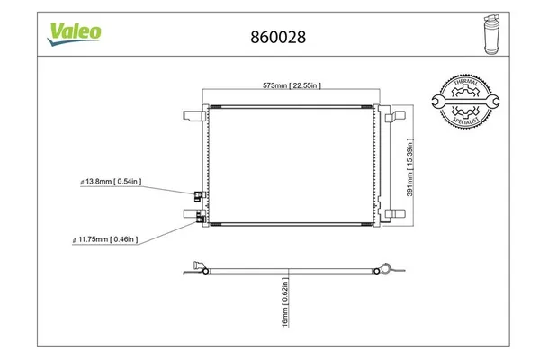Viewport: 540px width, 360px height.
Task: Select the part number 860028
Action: (270, 38)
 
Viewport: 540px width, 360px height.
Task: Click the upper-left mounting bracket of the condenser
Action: (192, 114)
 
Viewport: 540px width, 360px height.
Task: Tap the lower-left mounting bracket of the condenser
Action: (192, 213)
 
